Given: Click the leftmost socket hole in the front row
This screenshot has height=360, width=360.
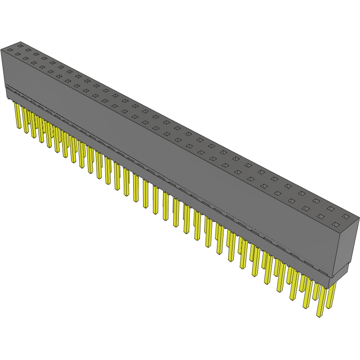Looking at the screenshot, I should click(10, 50).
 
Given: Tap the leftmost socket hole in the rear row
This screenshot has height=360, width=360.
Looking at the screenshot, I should click(20, 46).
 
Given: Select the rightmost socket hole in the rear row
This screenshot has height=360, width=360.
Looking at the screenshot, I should click(345, 216).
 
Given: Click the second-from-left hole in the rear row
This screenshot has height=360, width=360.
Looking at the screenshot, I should click(28, 50).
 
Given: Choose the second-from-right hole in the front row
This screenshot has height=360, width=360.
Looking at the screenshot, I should click(320, 216).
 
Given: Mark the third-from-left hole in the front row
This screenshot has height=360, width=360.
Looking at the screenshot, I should click(26, 58).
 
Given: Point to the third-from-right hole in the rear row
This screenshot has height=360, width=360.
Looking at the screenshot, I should click(316, 201).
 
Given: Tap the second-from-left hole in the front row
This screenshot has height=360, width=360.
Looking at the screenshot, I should click(18, 54).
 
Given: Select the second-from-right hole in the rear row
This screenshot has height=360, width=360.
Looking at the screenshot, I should click(331, 208).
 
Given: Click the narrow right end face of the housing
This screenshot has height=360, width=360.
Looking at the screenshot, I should click(346, 245).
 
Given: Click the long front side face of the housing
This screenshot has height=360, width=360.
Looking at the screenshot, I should click(169, 155).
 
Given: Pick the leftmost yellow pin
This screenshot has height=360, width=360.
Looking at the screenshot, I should click(18, 116).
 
